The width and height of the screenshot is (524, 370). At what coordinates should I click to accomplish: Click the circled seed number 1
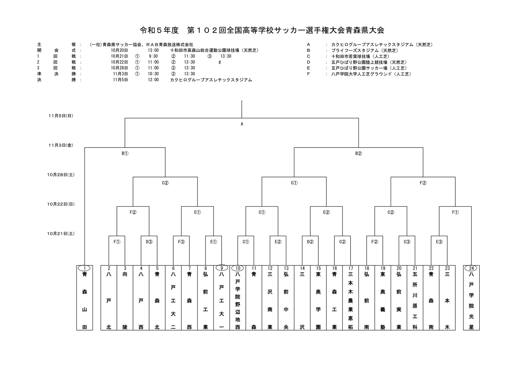tap(85, 268)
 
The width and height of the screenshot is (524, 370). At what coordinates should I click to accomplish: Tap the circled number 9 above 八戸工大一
tap(222, 268)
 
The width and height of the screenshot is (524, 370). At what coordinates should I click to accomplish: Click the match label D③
tap(149, 242)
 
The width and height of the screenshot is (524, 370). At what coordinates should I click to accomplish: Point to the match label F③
tap(181, 242)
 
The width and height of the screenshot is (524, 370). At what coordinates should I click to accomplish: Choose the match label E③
tap(439, 242)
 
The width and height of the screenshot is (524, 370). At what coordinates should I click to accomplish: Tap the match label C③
tap(407, 242)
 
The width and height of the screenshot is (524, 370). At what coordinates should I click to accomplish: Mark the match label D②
tap(310, 242)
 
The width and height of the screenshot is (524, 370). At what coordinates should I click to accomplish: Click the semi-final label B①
tap(125, 153)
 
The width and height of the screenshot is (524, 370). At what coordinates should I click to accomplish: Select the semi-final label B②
tap(358, 153)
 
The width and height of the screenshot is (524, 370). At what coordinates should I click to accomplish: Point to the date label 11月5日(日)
tap(61, 116)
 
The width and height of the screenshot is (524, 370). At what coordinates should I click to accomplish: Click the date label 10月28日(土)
tap(61, 175)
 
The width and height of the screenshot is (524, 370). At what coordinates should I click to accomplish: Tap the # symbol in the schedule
tap(220, 62)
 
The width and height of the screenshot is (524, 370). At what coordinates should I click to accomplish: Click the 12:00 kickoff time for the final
tap(153, 80)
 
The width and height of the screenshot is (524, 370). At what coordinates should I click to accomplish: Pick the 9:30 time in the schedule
tap(153, 56)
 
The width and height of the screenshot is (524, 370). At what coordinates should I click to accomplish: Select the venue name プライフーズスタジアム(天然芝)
tap(365, 50)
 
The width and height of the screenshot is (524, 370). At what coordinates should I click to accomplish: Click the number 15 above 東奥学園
tap(318, 268)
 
